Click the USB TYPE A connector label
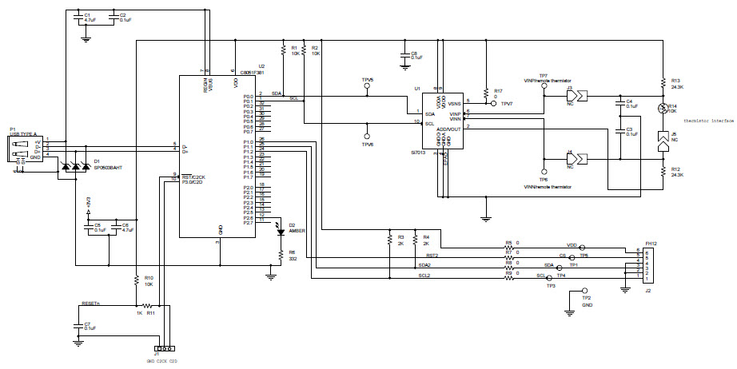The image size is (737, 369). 22,133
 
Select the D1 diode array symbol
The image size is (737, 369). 76,167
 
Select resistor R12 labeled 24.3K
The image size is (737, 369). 663,171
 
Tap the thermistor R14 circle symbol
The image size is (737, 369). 662,109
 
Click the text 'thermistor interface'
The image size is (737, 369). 707,121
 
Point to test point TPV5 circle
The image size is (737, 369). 368,89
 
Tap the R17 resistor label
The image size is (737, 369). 498,90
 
